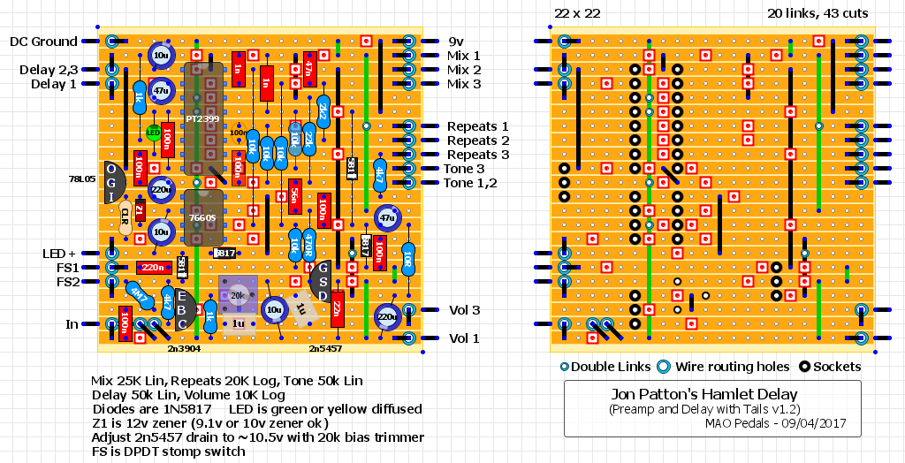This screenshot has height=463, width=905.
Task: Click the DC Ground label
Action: pyautogui.click(x=43, y=42)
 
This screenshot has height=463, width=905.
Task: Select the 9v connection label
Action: pyautogui.click(x=455, y=42)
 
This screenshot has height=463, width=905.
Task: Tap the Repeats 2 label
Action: pyautogui.click(x=477, y=140)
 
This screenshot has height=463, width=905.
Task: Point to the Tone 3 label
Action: pyautogui.click(x=464, y=169)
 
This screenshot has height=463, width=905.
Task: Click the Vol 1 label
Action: pyautogui.click(x=464, y=338)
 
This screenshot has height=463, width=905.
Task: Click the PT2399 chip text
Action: pyautogui.click(x=204, y=118)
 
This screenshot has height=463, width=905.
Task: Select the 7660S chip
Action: pyautogui.click(x=204, y=216)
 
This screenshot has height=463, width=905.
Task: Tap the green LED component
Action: pyautogui.click(x=154, y=133)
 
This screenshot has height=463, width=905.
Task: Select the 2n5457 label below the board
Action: pyautogui.click(x=326, y=350)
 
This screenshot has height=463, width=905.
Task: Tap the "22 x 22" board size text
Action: pyautogui.click(x=577, y=13)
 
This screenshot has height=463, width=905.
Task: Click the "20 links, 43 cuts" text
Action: pyautogui.click(x=818, y=13)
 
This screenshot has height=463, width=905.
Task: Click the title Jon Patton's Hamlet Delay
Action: pyautogui.click(x=712, y=394)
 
